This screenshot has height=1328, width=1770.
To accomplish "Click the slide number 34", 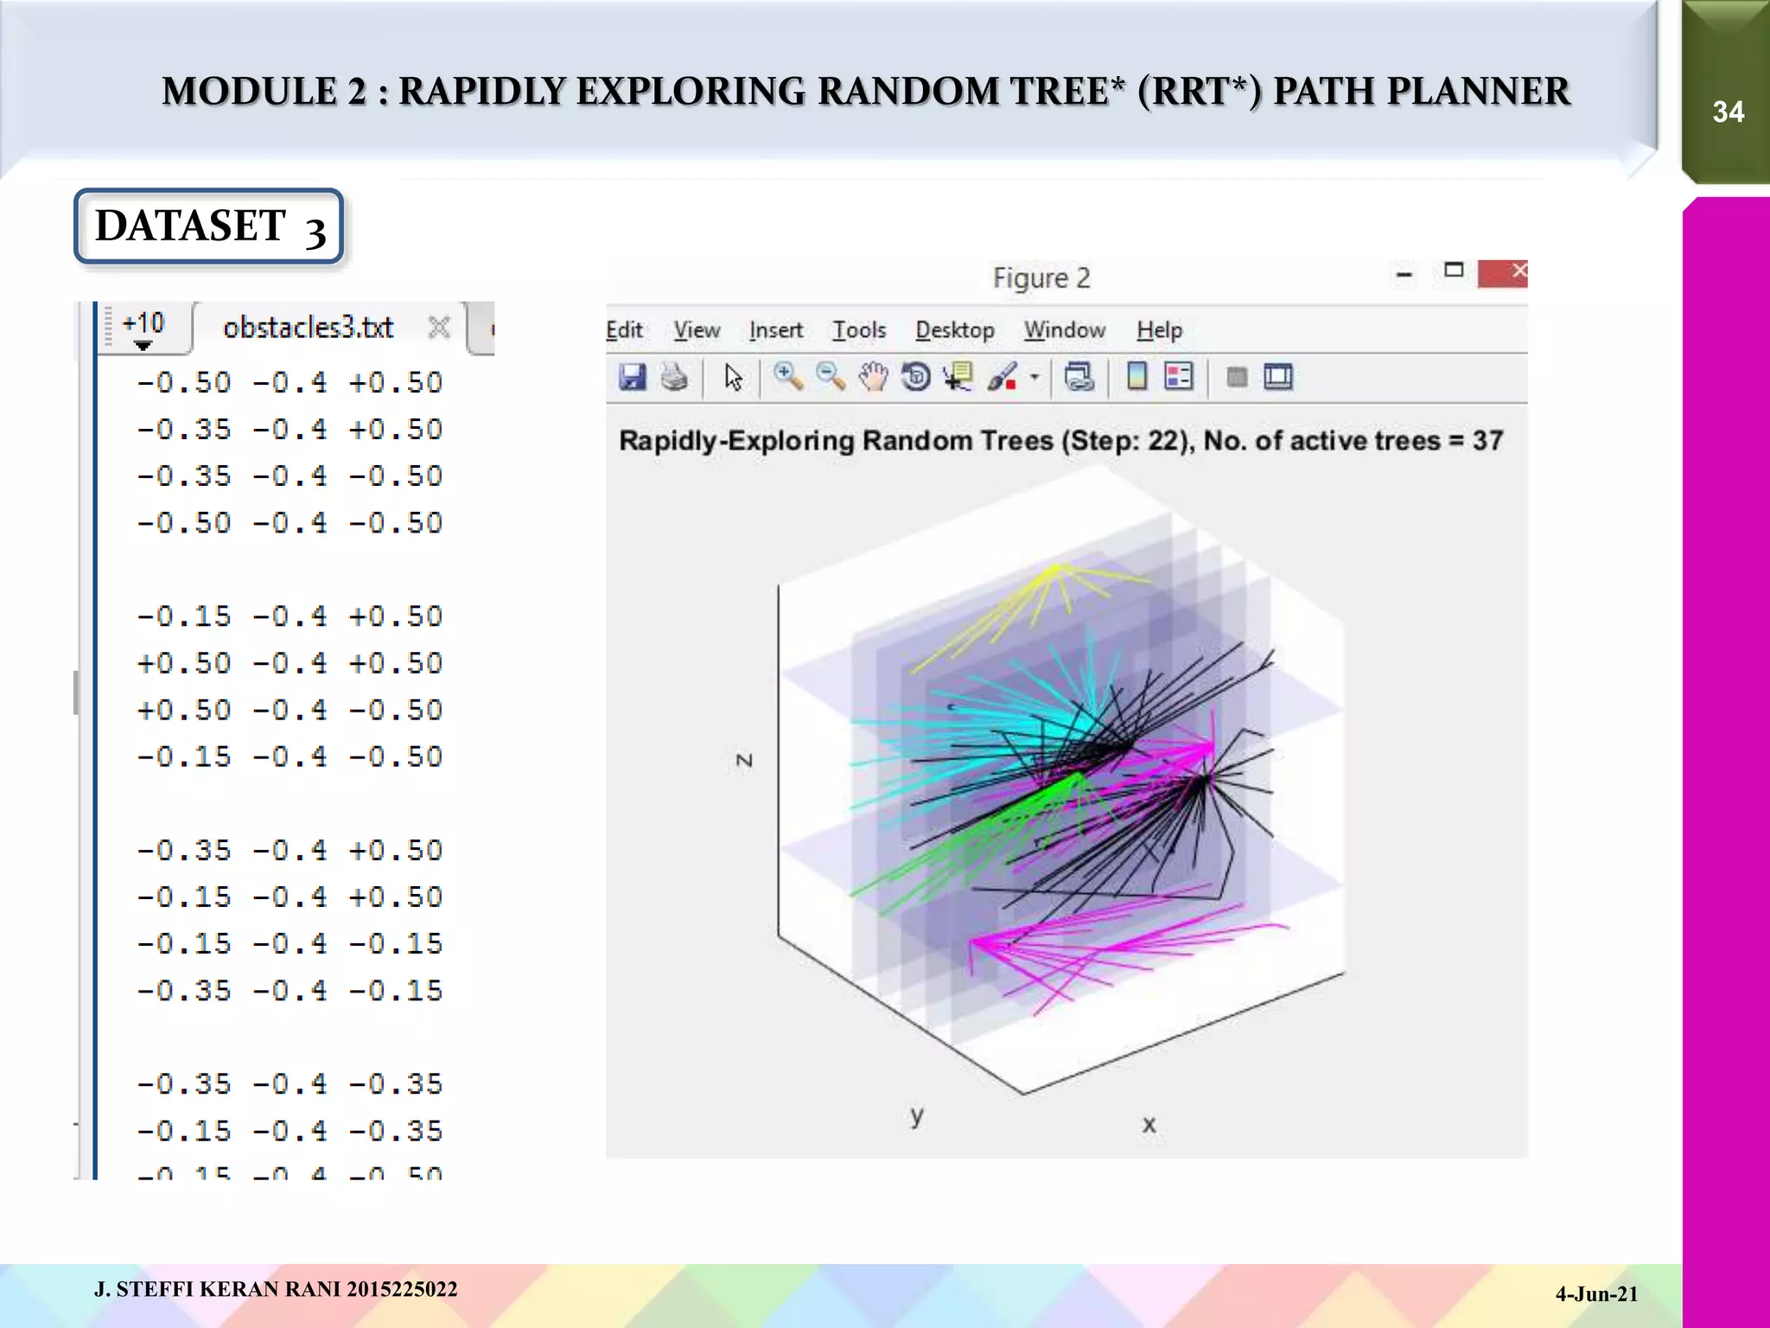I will [1728, 112].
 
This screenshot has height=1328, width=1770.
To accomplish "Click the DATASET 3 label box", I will [209, 227].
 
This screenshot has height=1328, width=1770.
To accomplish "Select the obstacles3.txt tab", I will [308, 328].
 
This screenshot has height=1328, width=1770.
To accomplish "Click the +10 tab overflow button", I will [143, 327].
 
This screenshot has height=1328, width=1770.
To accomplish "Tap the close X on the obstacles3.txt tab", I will [439, 328].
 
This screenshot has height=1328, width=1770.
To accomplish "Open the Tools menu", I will [859, 330].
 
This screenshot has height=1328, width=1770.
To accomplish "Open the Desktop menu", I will [954, 330].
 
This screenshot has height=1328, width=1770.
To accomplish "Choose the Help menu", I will [1159, 330].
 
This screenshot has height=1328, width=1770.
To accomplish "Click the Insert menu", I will [775, 330].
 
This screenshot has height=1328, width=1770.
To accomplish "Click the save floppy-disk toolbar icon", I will [633, 377].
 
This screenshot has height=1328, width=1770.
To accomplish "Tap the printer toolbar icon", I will [674, 377].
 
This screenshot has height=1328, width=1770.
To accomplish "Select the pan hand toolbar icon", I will [873, 377].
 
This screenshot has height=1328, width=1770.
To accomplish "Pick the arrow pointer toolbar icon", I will [734, 378].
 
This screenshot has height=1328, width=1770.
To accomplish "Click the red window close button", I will [1503, 273].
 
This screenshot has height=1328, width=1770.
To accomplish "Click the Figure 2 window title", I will [1041, 278].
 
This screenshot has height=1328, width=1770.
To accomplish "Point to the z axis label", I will [744, 760].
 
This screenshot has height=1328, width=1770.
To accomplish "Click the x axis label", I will [1149, 1125].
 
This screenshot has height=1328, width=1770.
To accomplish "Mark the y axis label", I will [917, 1115].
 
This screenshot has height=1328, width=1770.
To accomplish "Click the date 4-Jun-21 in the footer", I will [1596, 1294].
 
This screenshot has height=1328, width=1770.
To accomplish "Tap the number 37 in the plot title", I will [1487, 441].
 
